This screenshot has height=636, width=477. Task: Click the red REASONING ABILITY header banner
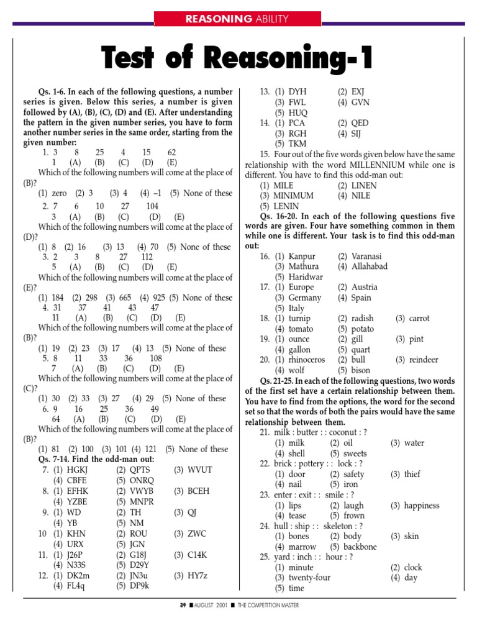pos(238,19)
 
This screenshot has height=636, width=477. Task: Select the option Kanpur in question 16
pos(302,257)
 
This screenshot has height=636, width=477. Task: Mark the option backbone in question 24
pos(360,547)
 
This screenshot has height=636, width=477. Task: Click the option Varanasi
pos(366,257)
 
